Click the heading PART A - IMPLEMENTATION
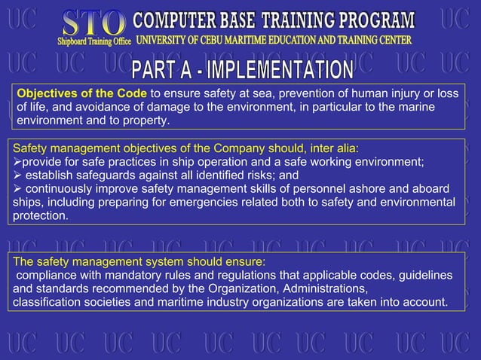click(244, 72)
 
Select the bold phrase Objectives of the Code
click(83, 93)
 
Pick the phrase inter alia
click(335, 148)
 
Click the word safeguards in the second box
click(105, 175)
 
